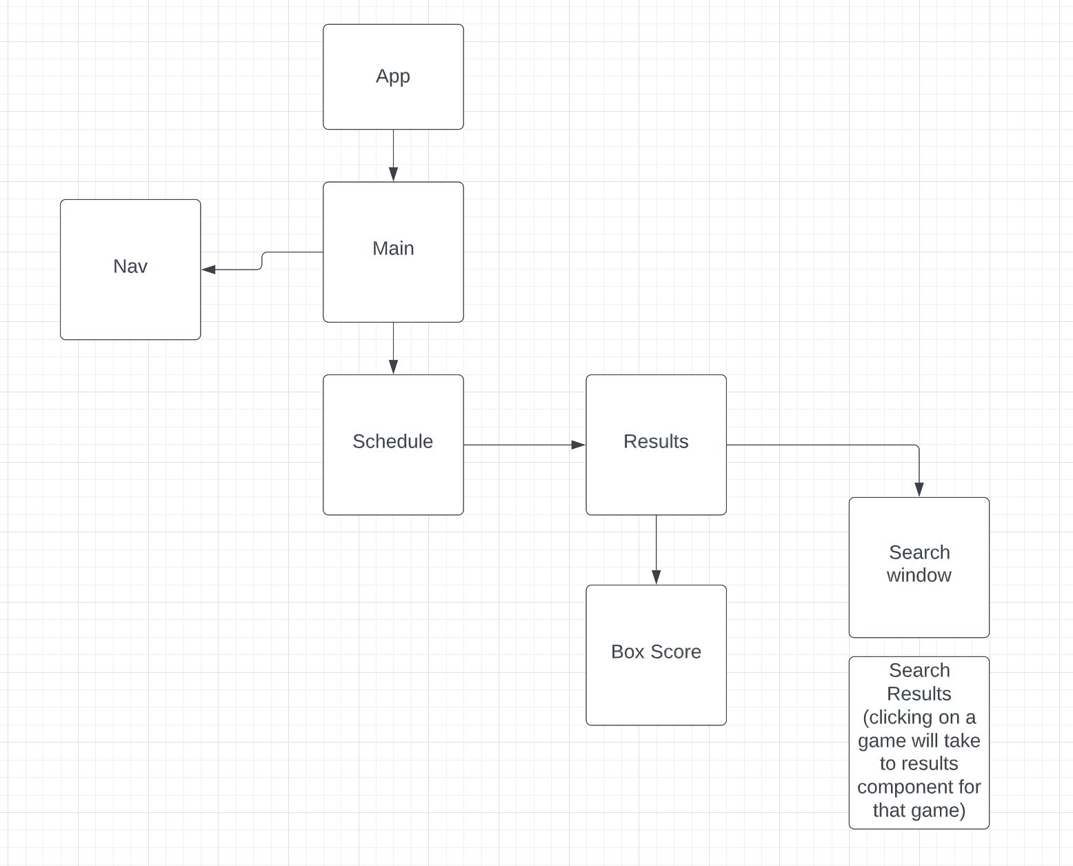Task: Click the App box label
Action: [x=393, y=76]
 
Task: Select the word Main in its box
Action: [x=393, y=248]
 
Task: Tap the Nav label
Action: [x=130, y=266]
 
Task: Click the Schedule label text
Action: [x=392, y=441]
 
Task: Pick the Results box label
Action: [x=656, y=441]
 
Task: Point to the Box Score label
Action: [x=656, y=652]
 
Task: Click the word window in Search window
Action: [x=919, y=575]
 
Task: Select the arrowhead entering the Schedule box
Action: [x=393, y=367]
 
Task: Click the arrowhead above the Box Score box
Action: [x=656, y=577]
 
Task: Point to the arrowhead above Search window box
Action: [x=919, y=489]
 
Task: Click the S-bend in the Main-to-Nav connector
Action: [x=262, y=261]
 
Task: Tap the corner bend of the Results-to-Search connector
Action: [x=917, y=446]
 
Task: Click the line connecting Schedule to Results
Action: [x=517, y=445]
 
